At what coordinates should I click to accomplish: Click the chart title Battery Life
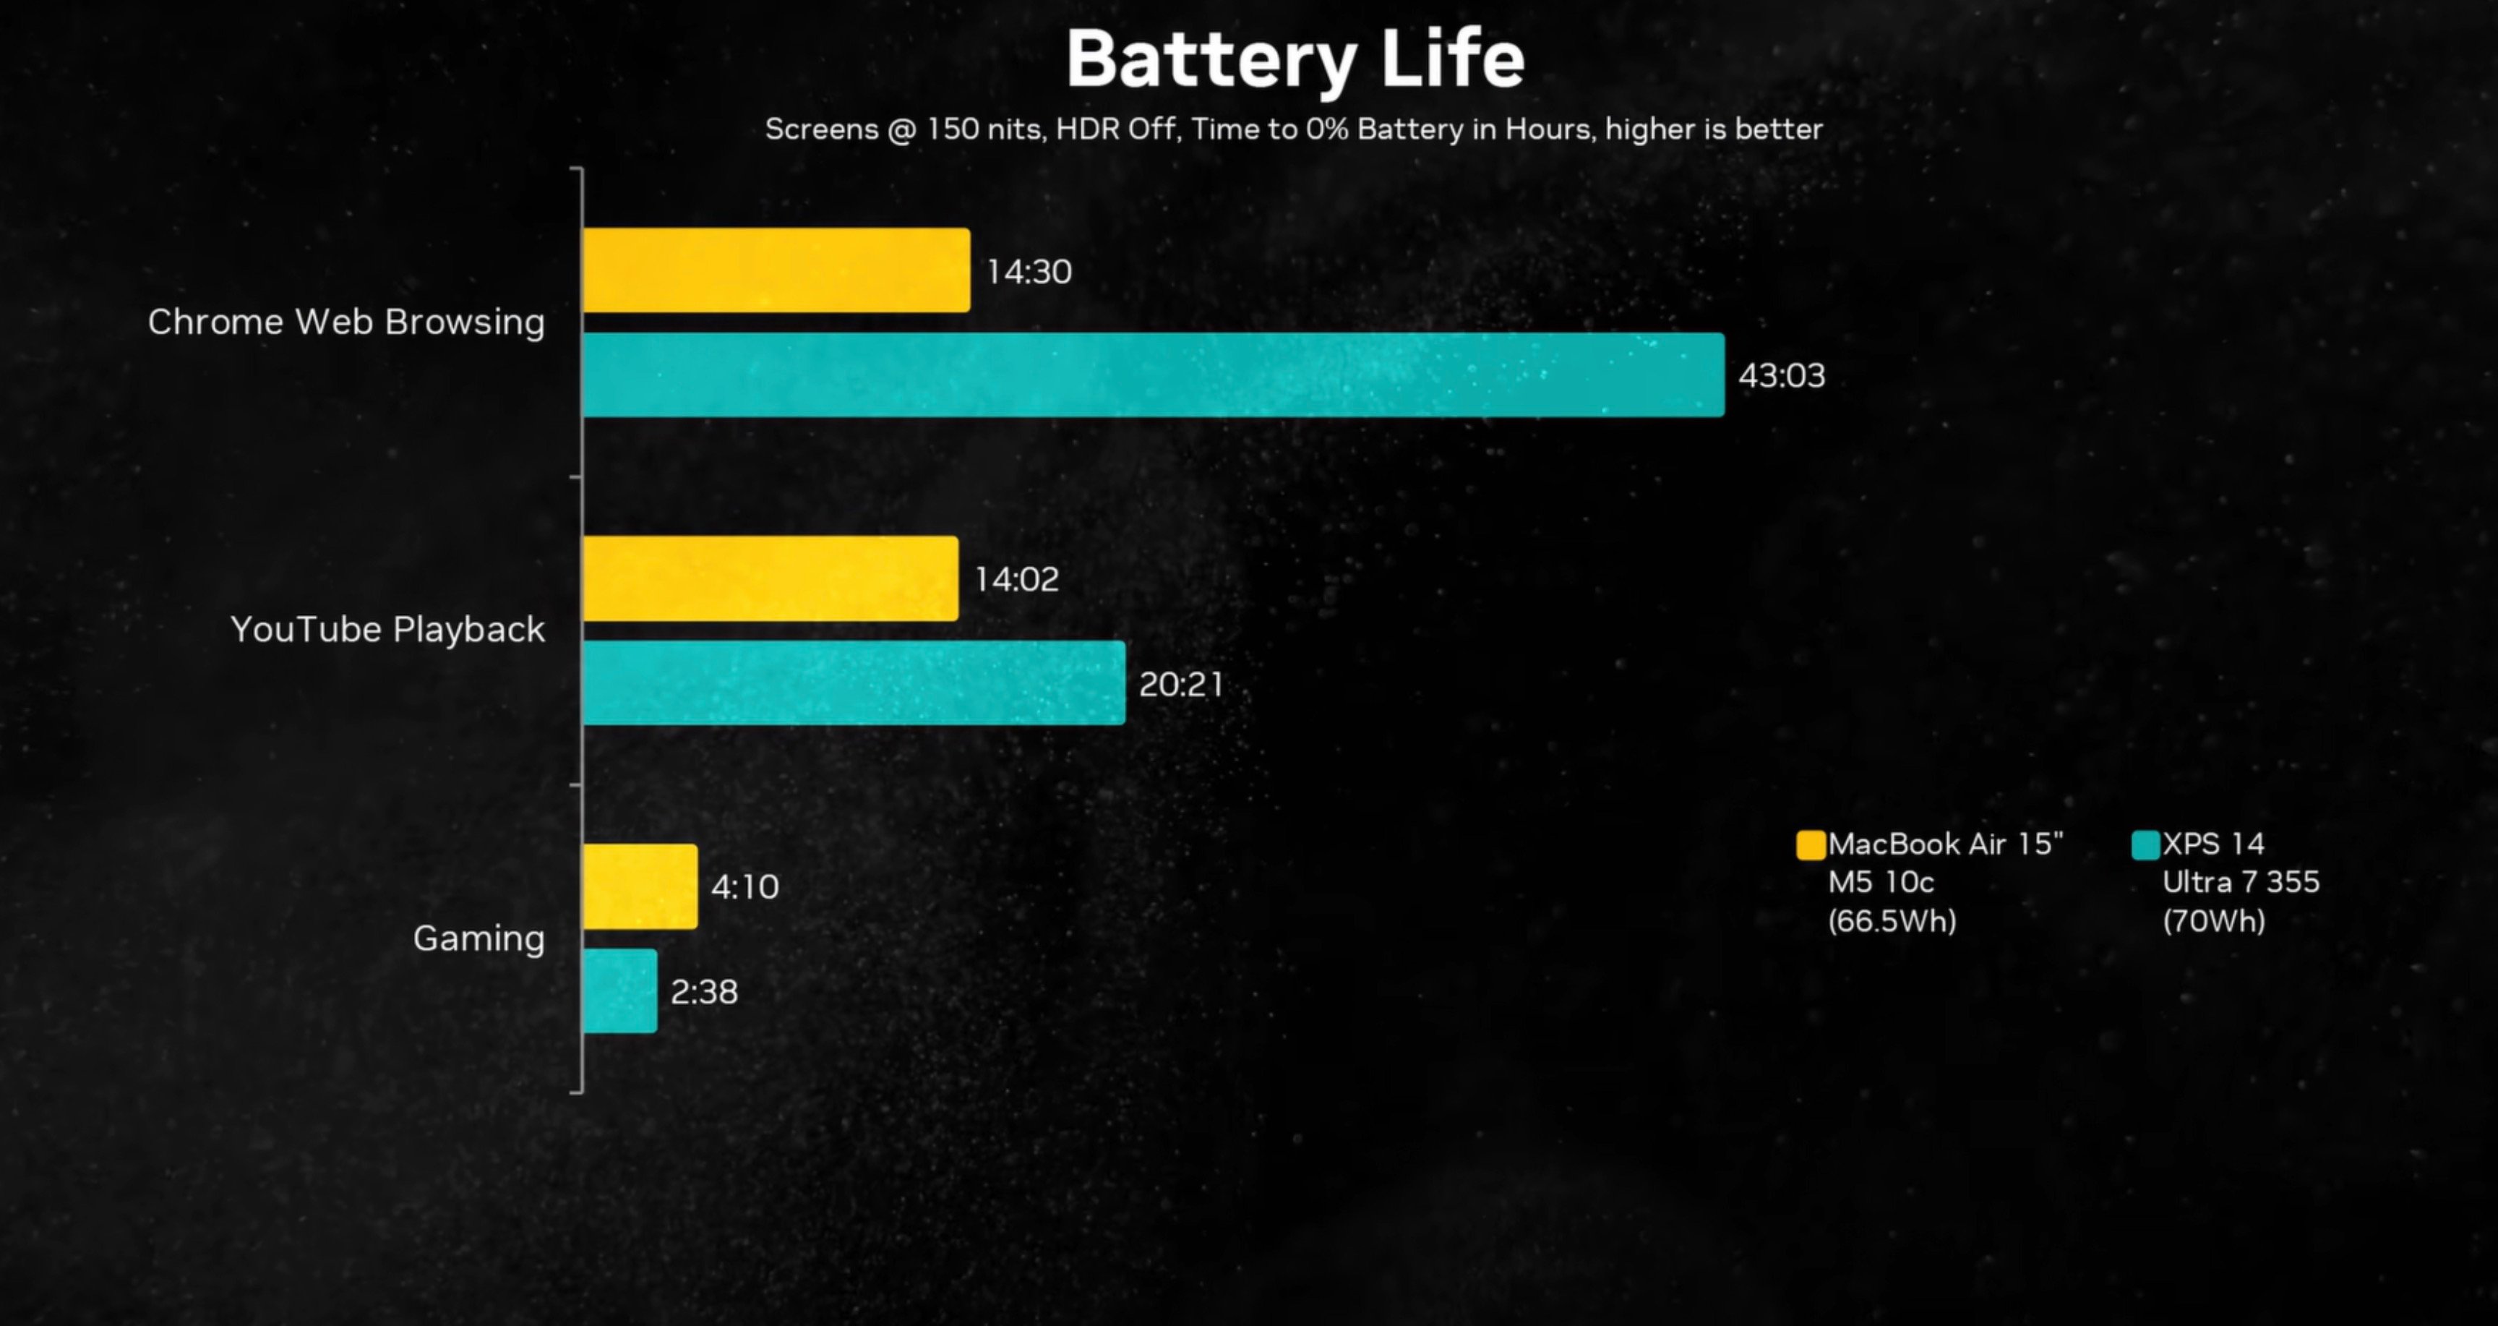coord(1295,60)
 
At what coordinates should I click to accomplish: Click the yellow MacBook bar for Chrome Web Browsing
coord(776,270)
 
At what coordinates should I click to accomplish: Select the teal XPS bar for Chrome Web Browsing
coord(1153,375)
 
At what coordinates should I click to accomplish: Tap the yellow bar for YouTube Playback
coord(770,579)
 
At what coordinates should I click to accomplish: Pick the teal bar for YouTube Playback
coord(854,683)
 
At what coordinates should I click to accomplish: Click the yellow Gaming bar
coord(639,886)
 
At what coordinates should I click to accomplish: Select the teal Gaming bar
coord(619,991)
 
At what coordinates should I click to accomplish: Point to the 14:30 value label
coord(1029,272)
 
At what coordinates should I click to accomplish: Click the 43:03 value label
coord(1782,375)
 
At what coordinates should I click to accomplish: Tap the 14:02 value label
coord(1016,579)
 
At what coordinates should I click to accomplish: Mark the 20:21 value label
coord(1181,684)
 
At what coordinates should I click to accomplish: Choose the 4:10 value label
coord(744,886)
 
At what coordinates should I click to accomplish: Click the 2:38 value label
coord(704,991)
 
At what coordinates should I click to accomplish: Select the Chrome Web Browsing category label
coord(346,322)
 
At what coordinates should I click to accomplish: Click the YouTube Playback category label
coord(388,630)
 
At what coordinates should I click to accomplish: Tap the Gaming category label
coord(479,938)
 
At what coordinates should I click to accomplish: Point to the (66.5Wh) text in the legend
coord(1892,920)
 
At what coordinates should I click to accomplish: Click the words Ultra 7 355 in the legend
coord(2241,882)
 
